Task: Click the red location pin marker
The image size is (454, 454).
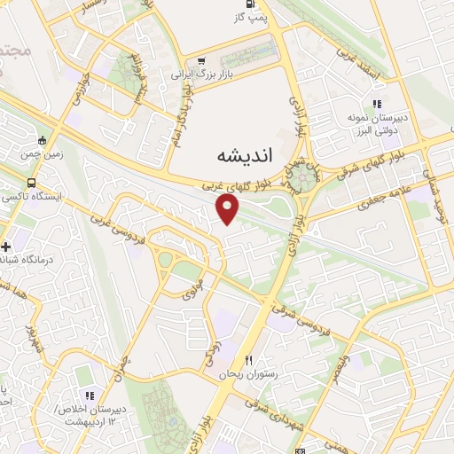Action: pyautogui.click(x=228, y=209)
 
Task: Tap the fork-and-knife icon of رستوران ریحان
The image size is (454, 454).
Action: pyautogui.click(x=249, y=360)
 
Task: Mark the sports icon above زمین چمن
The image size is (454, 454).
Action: pyautogui.click(x=42, y=139)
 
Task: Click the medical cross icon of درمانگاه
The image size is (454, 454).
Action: pyautogui.click(x=6, y=247)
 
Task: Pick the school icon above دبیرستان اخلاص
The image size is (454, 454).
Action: pyautogui.click(x=88, y=395)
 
